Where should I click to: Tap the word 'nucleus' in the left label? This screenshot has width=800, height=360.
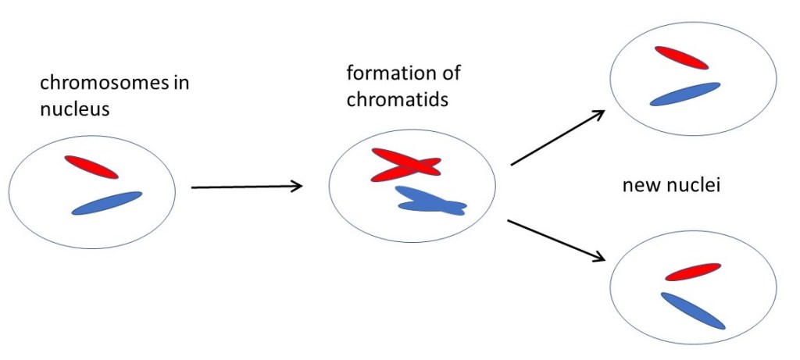[74, 109]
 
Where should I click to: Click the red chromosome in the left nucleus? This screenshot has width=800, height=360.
[91, 166]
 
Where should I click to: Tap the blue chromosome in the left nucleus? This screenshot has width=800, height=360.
[107, 203]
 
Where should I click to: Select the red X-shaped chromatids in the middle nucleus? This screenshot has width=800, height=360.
[405, 165]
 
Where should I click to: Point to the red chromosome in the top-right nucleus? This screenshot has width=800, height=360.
[681, 57]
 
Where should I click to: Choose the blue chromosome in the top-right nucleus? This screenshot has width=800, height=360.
[684, 94]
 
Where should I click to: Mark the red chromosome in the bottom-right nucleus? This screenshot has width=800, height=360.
[691, 272]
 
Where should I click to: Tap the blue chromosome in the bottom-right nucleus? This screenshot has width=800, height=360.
[692, 310]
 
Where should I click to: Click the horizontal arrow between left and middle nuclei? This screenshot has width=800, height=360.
[246, 187]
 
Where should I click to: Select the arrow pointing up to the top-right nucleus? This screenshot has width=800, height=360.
[557, 138]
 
